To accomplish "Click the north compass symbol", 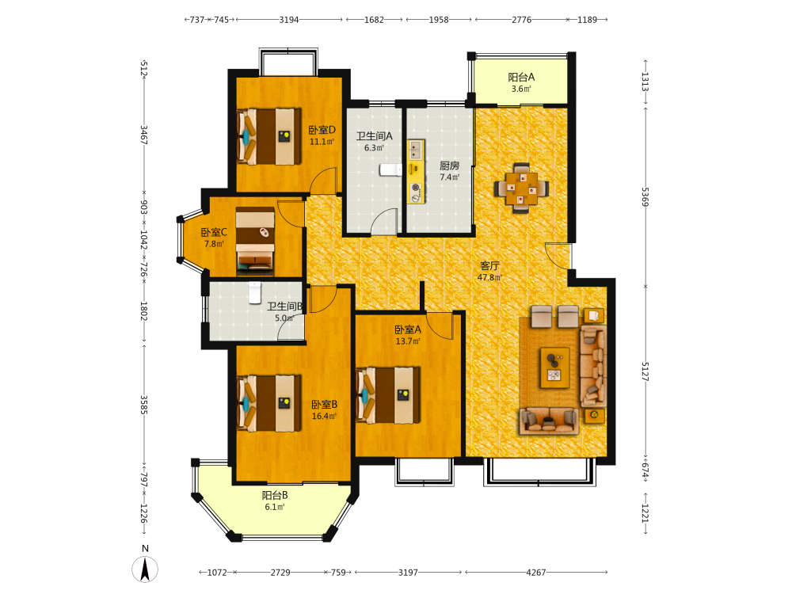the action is point(145,569).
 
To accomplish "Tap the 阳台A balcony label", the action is point(521,78).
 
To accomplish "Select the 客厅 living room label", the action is point(489,265).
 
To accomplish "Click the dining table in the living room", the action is point(522,188).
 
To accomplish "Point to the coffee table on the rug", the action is point(555,367).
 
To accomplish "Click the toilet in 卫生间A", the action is point(390,169).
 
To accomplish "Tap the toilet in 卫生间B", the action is point(254,292).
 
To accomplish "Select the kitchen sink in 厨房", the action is point(416,150).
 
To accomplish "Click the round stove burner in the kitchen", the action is point(415,188).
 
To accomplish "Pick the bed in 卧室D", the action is point(269,136).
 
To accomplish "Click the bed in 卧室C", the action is point(255,241).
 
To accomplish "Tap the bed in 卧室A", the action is point(388,395).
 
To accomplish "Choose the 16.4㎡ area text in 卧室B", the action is point(324,417).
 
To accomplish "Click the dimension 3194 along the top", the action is point(289,20).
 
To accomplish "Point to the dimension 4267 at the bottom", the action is point(536,573).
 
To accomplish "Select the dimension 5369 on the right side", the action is point(645,196).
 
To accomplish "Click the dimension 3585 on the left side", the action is point(143,405).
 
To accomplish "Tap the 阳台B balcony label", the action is point(275,496).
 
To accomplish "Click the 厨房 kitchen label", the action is point(449,166).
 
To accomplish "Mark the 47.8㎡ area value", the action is point(489,277).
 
